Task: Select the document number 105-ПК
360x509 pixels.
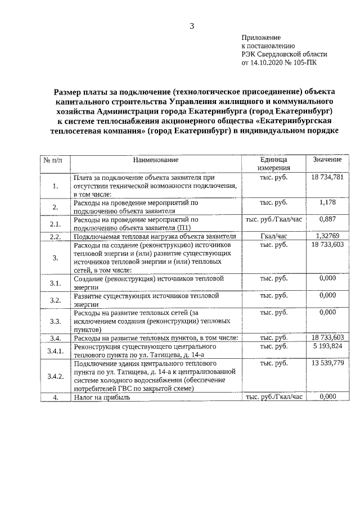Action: tap(307, 64)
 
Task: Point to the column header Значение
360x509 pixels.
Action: tap(327, 160)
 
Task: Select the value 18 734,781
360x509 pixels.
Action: tap(327, 177)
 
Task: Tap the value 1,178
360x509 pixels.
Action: tap(327, 202)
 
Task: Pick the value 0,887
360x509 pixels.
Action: tap(327, 219)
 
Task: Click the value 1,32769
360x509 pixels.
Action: tap(327, 236)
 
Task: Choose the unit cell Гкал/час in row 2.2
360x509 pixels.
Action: tap(274, 236)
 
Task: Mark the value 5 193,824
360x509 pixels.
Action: tap(327, 346)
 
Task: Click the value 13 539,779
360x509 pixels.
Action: tap(327, 363)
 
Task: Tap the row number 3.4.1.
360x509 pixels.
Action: tap(55, 351)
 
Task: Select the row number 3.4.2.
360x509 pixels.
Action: tap(55, 376)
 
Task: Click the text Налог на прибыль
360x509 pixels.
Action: tap(102, 397)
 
